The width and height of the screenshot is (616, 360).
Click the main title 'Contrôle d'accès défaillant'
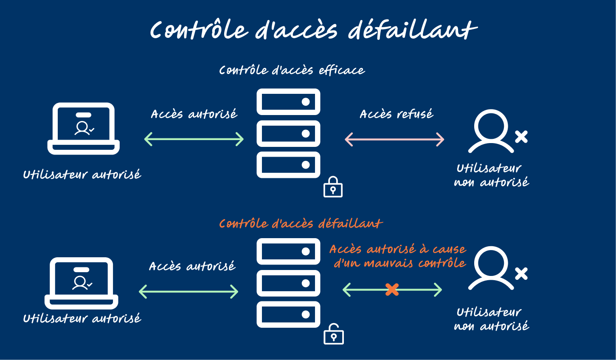click(x=313, y=30)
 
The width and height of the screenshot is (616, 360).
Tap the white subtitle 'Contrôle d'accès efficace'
click(x=292, y=70)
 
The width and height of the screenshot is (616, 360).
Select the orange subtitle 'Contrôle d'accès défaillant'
click(x=301, y=224)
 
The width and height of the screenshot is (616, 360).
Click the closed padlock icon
click(x=333, y=187)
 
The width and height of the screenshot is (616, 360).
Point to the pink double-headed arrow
click(x=394, y=139)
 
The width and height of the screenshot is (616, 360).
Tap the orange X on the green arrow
click(x=392, y=290)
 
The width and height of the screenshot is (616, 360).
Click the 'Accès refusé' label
click(x=397, y=114)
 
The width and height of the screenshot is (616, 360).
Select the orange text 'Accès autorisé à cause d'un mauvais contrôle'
click(x=398, y=256)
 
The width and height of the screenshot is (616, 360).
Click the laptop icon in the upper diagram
click(x=84, y=128)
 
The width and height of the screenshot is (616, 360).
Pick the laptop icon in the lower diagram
click(x=82, y=283)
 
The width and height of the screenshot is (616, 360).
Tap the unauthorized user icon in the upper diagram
click(x=491, y=131)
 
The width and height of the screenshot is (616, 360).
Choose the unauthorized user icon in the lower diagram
click(x=491, y=268)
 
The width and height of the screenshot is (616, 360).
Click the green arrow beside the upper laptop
click(x=194, y=139)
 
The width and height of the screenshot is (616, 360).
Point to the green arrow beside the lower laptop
click(x=188, y=292)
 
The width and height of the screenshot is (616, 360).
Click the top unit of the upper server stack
click(x=288, y=102)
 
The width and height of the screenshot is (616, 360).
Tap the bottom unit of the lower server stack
click(x=288, y=315)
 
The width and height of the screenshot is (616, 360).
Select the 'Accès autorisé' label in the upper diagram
click(x=194, y=114)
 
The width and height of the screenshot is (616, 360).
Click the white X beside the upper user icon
click(x=521, y=137)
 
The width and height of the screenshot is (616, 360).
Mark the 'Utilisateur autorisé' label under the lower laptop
click(x=82, y=318)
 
